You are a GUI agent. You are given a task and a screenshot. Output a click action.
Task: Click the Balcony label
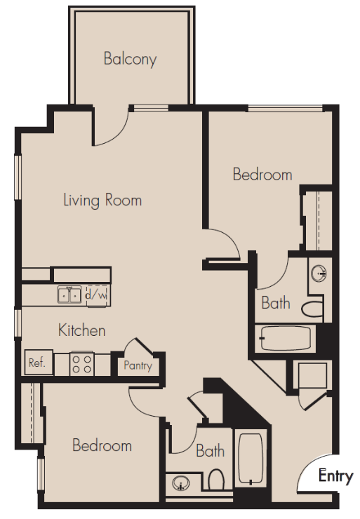[x=130, y=59]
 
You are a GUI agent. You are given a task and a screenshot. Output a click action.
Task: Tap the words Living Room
[x=102, y=201]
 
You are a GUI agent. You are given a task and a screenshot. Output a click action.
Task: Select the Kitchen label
[x=82, y=330]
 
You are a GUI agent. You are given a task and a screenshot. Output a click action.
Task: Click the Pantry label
[x=138, y=365]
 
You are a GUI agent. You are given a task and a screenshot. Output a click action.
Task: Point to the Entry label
[x=335, y=476]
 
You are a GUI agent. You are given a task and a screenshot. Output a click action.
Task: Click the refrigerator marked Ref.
[x=39, y=363]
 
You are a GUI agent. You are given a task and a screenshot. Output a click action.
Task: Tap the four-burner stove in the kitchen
[x=82, y=365]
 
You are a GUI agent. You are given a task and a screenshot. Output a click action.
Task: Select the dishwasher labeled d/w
[x=97, y=295]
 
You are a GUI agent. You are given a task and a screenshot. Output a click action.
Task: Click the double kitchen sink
[x=69, y=295]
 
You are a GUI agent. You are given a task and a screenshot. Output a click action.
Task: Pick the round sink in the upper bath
[x=319, y=274]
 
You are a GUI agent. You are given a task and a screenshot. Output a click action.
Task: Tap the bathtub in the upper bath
[x=286, y=338]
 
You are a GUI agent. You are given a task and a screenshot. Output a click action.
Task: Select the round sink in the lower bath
[x=181, y=484]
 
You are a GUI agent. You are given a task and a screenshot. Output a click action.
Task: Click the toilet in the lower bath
[x=216, y=479]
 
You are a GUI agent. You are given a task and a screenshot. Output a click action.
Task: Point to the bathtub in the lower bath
[x=251, y=459]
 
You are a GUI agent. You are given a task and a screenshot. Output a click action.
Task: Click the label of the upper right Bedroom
[x=262, y=175]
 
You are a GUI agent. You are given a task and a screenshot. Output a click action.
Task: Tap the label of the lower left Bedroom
[x=102, y=445]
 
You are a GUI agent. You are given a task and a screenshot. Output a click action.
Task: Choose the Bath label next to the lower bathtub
[x=211, y=451]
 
